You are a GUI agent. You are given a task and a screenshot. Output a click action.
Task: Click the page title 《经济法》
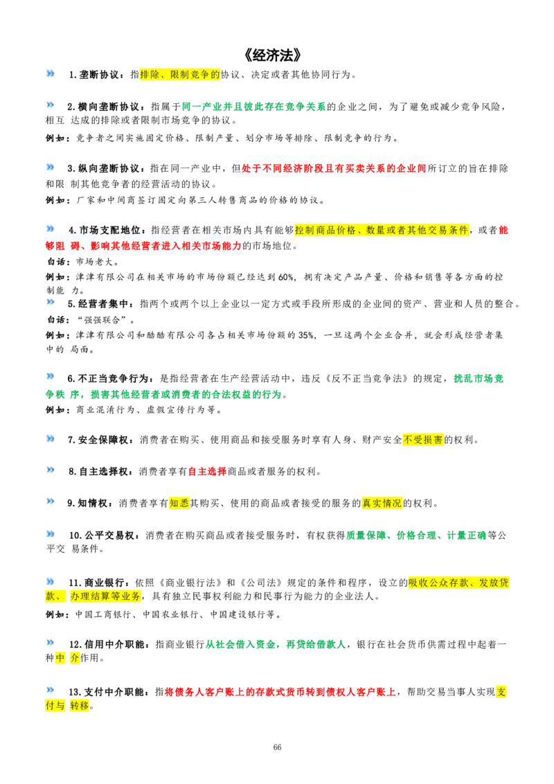click(274, 55)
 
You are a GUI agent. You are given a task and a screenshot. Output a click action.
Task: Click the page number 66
click(277, 747)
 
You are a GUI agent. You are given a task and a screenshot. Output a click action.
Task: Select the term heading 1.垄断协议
click(93, 75)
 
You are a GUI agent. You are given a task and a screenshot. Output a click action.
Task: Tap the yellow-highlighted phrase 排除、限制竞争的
click(180, 75)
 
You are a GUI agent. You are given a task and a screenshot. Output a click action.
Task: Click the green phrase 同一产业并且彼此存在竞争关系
click(253, 107)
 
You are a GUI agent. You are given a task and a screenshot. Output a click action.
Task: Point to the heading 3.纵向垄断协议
click(104, 168)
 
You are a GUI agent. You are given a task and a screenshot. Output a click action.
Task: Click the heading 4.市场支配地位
click(105, 230)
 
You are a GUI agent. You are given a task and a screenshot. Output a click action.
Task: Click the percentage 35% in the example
click(306, 335)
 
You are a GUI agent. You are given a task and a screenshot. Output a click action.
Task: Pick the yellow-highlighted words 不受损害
click(423, 440)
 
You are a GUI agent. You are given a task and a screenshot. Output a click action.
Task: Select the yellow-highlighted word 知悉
click(179, 503)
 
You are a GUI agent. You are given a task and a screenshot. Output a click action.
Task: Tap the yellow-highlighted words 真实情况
click(382, 503)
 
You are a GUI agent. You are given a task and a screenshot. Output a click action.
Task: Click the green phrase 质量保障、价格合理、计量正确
click(416, 535)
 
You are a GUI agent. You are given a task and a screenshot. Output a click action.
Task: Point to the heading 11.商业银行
click(96, 582)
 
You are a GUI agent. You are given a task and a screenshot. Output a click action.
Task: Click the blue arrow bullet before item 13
click(50, 690)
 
